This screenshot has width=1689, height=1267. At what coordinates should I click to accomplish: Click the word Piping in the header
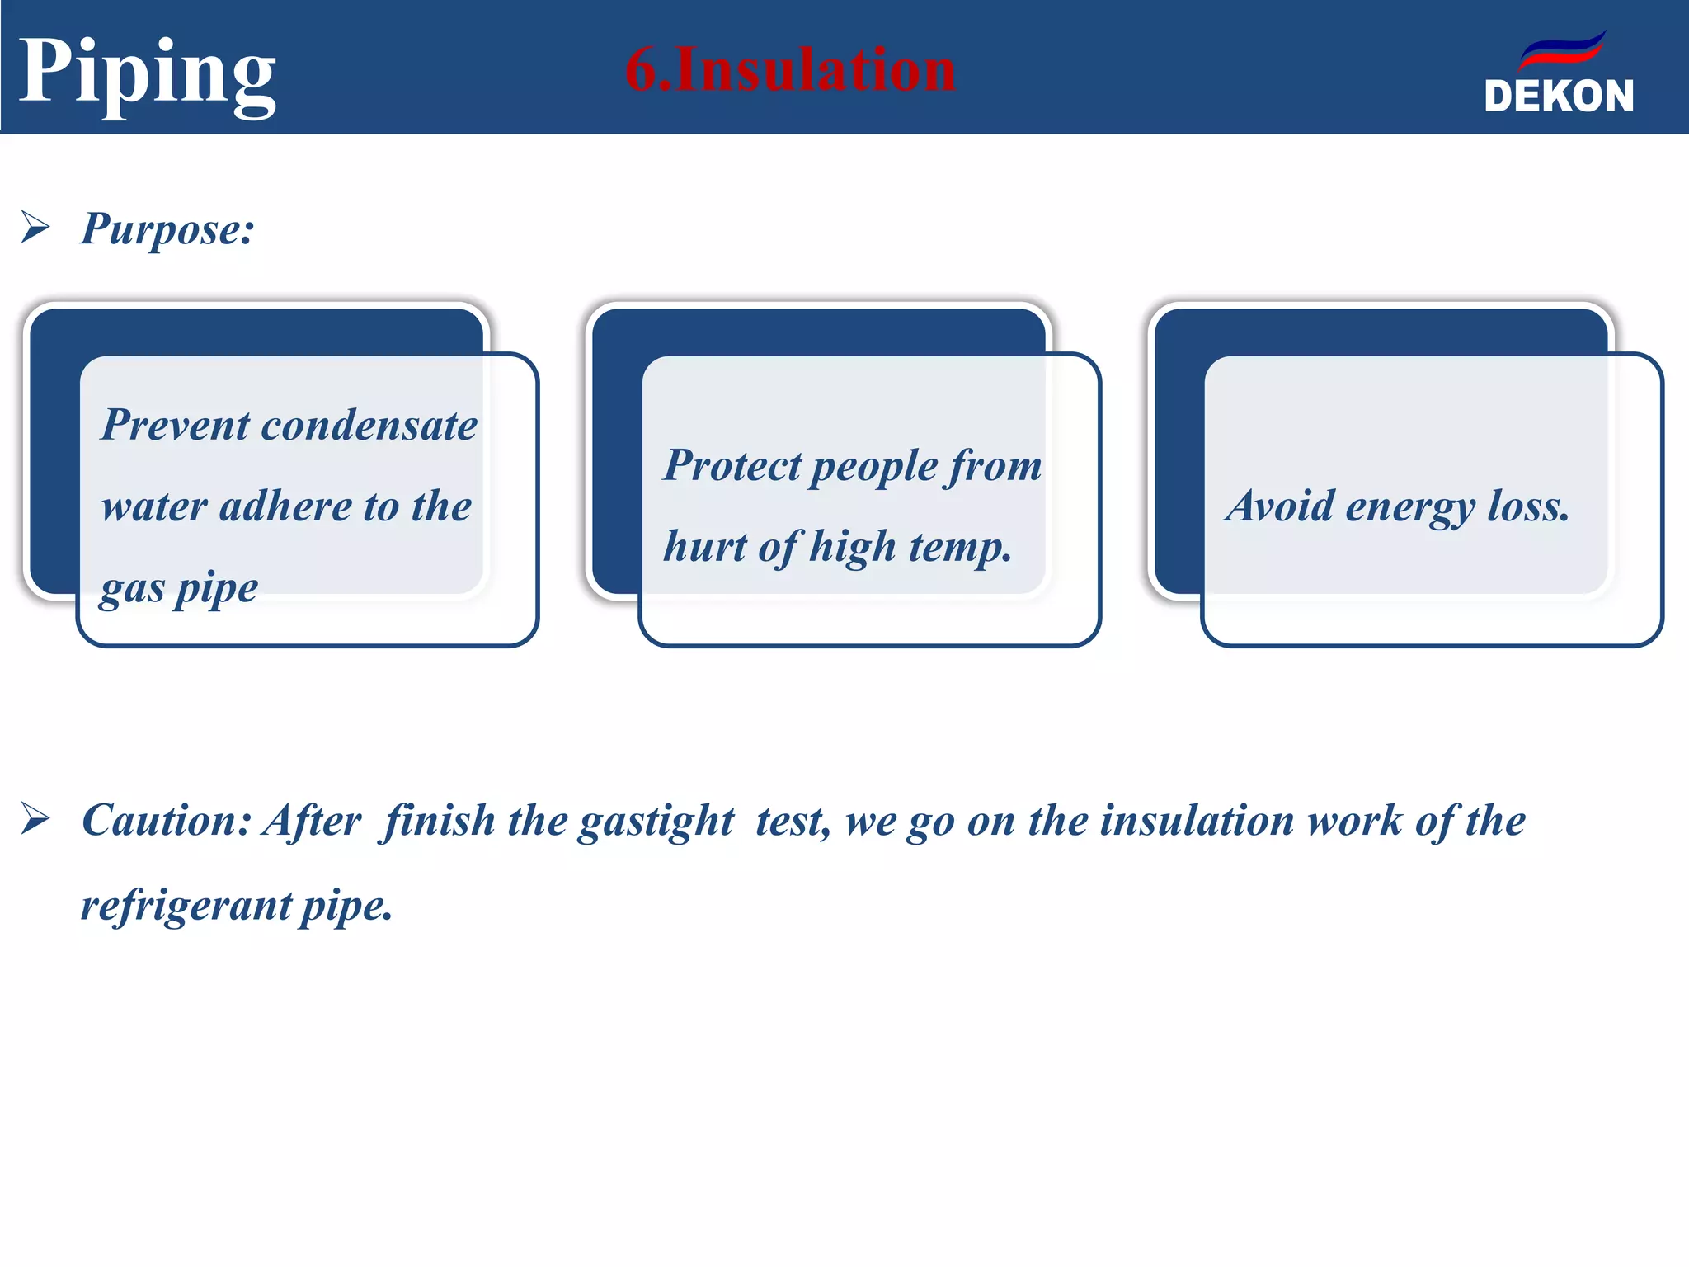pyautogui.click(x=147, y=73)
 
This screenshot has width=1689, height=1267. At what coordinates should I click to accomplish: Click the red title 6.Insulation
pyautogui.click(x=790, y=69)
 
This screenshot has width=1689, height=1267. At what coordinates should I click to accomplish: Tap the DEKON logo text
pyautogui.click(x=1559, y=97)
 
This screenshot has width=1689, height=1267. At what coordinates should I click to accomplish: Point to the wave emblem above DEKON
pyautogui.click(x=1562, y=51)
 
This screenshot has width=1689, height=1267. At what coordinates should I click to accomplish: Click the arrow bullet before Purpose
pyautogui.click(x=35, y=227)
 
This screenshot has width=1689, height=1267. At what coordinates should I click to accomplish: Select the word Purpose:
pyautogui.click(x=167, y=228)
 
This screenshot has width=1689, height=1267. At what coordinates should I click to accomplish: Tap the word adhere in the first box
pyautogui.click(x=285, y=506)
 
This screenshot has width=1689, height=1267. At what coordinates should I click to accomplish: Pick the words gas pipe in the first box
pyautogui.click(x=179, y=588)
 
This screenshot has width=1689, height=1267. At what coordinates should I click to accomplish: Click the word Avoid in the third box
pyautogui.click(x=1279, y=506)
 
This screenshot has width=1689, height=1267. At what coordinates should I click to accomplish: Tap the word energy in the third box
pyautogui.click(x=1409, y=507)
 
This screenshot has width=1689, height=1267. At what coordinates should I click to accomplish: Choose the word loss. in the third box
pyautogui.click(x=1527, y=506)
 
